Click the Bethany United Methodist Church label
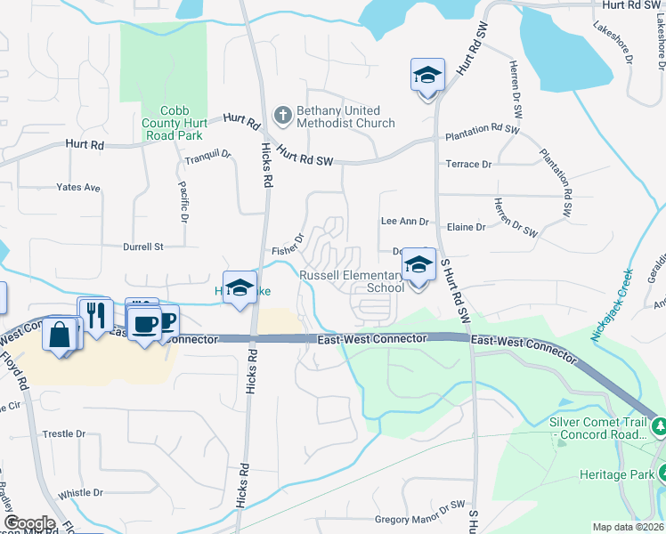(345, 117)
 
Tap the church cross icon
(282, 114)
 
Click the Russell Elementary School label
(352, 281)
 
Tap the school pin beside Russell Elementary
(418, 267)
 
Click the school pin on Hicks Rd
(240, 288)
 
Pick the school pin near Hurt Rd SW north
(427, 77)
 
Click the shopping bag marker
(60, 336)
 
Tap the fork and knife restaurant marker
(95, 316)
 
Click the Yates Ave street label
(78, 188)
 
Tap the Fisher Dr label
(288, 244)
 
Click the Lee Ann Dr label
(404, 221)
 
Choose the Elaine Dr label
(467, 227)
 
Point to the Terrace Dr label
(468, 165)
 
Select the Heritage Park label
(615, 475)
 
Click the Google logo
(29, 523)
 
